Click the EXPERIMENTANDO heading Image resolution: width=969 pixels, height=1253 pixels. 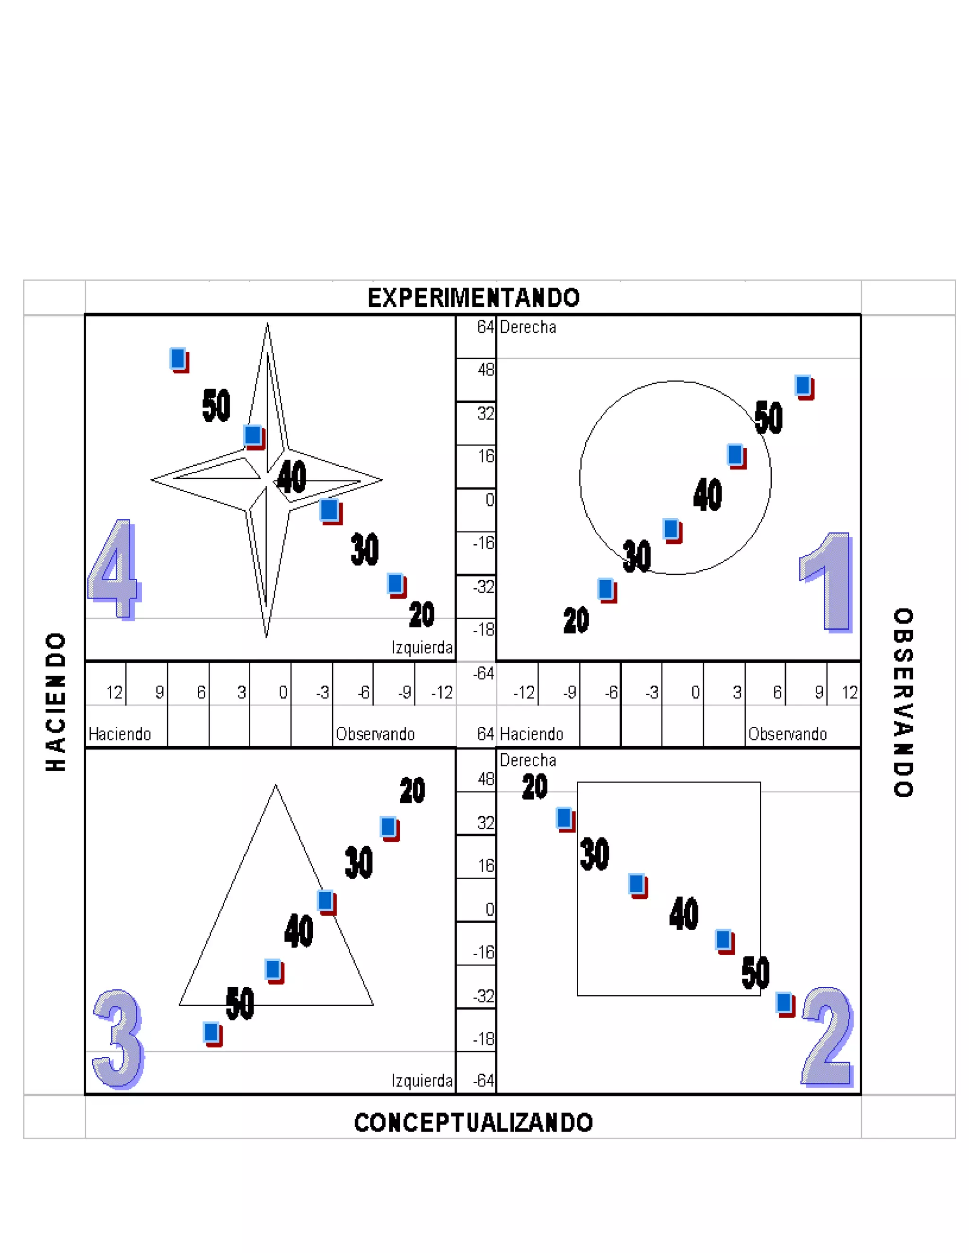tap(474, 298)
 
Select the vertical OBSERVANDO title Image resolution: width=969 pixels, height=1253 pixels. tap(903, 702)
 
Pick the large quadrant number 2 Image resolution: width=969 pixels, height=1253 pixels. tap(827, 1037)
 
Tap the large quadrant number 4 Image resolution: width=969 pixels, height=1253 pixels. tap(113, 569)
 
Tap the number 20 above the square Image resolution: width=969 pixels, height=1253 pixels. tap(535, 787)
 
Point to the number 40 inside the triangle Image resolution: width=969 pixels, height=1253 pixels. tap(299, 931)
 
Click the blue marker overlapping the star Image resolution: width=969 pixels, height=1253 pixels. tap(253, 435)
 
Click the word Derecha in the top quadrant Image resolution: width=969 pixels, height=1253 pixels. tap(528, 328)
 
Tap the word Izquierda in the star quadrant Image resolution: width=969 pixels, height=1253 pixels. tap(422, 648)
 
